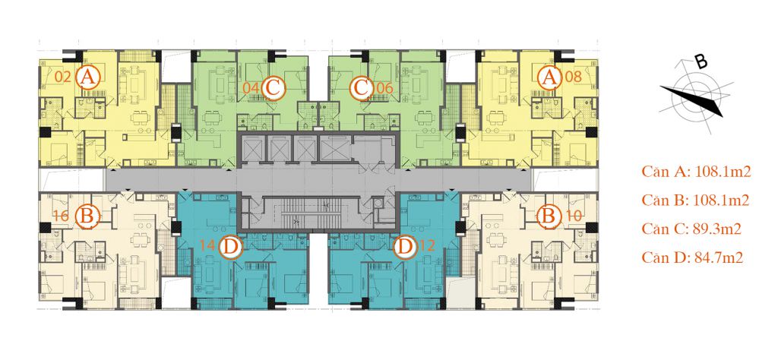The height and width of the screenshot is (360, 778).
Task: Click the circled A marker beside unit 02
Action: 88,77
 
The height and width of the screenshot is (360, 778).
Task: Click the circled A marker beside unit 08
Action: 549,77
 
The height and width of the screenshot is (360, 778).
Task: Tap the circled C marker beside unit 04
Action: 273,89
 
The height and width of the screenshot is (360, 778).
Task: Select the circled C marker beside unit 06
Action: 362,89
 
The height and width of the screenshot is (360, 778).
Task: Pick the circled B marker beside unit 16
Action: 88,216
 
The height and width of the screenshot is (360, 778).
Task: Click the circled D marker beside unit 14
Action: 229,246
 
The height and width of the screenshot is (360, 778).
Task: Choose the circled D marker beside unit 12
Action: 406,246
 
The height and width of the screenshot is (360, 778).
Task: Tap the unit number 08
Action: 573,77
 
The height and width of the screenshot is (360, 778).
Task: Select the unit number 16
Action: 62,216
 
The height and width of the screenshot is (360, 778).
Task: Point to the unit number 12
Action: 427,246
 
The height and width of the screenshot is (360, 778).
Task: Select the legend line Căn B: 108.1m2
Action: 694,201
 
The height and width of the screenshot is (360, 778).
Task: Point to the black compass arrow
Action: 691,100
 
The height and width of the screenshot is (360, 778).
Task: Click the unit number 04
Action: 251,88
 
